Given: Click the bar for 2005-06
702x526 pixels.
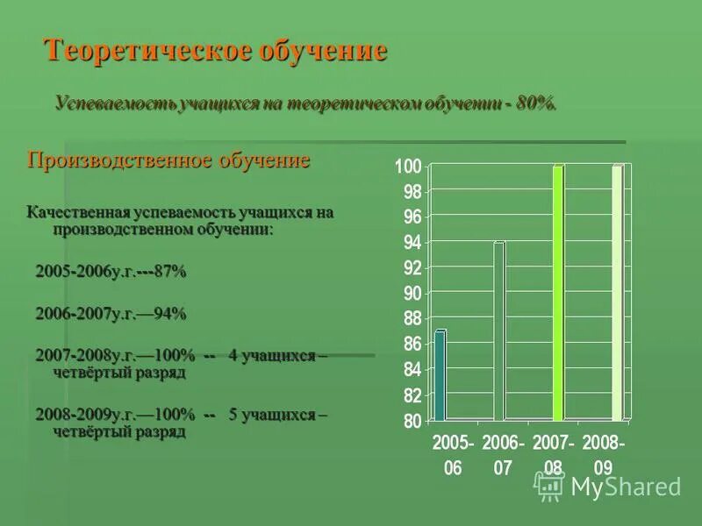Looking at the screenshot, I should click(441, 375).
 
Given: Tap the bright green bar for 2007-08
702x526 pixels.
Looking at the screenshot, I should click(557, 293).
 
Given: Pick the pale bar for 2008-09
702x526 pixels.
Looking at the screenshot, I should click(618, 293).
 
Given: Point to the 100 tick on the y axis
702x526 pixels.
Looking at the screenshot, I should click(409, 167).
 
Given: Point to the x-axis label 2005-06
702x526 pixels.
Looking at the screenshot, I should click(453, 456).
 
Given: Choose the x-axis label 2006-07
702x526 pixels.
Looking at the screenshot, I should click(503, 456).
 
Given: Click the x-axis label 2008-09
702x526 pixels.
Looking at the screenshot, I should click(604, 456).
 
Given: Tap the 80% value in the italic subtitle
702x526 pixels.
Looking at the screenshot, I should click(534, 103).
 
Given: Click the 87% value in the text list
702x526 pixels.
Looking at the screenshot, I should click(169, 272).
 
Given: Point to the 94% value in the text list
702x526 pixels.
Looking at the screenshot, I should click(169, 313).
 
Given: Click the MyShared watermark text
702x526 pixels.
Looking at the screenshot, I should click(626, 487).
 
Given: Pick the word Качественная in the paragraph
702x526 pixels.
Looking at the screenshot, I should click(77, 212).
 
